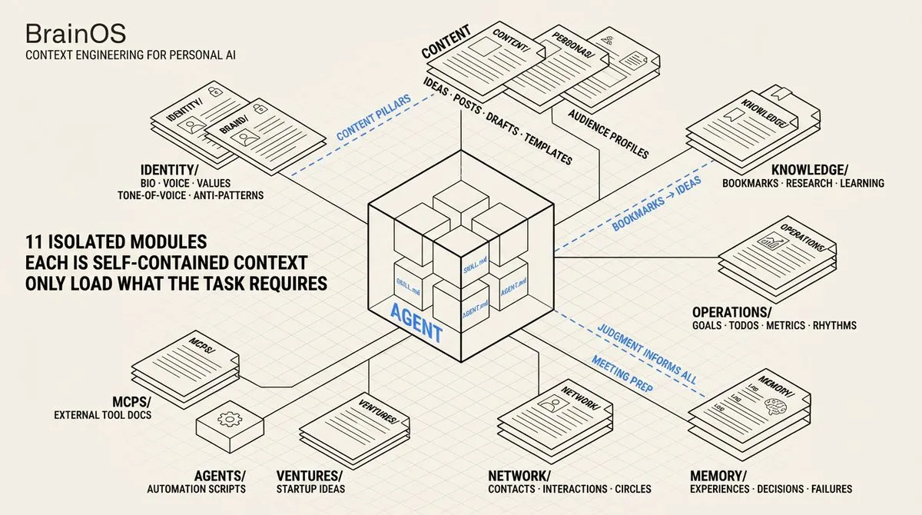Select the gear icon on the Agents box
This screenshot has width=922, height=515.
(x=227, y=420)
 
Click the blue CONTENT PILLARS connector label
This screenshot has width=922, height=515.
(x=373, y=118)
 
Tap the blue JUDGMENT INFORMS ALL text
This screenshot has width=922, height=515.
(x=647, y=353)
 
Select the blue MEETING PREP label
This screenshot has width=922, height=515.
(x=622, y=374)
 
